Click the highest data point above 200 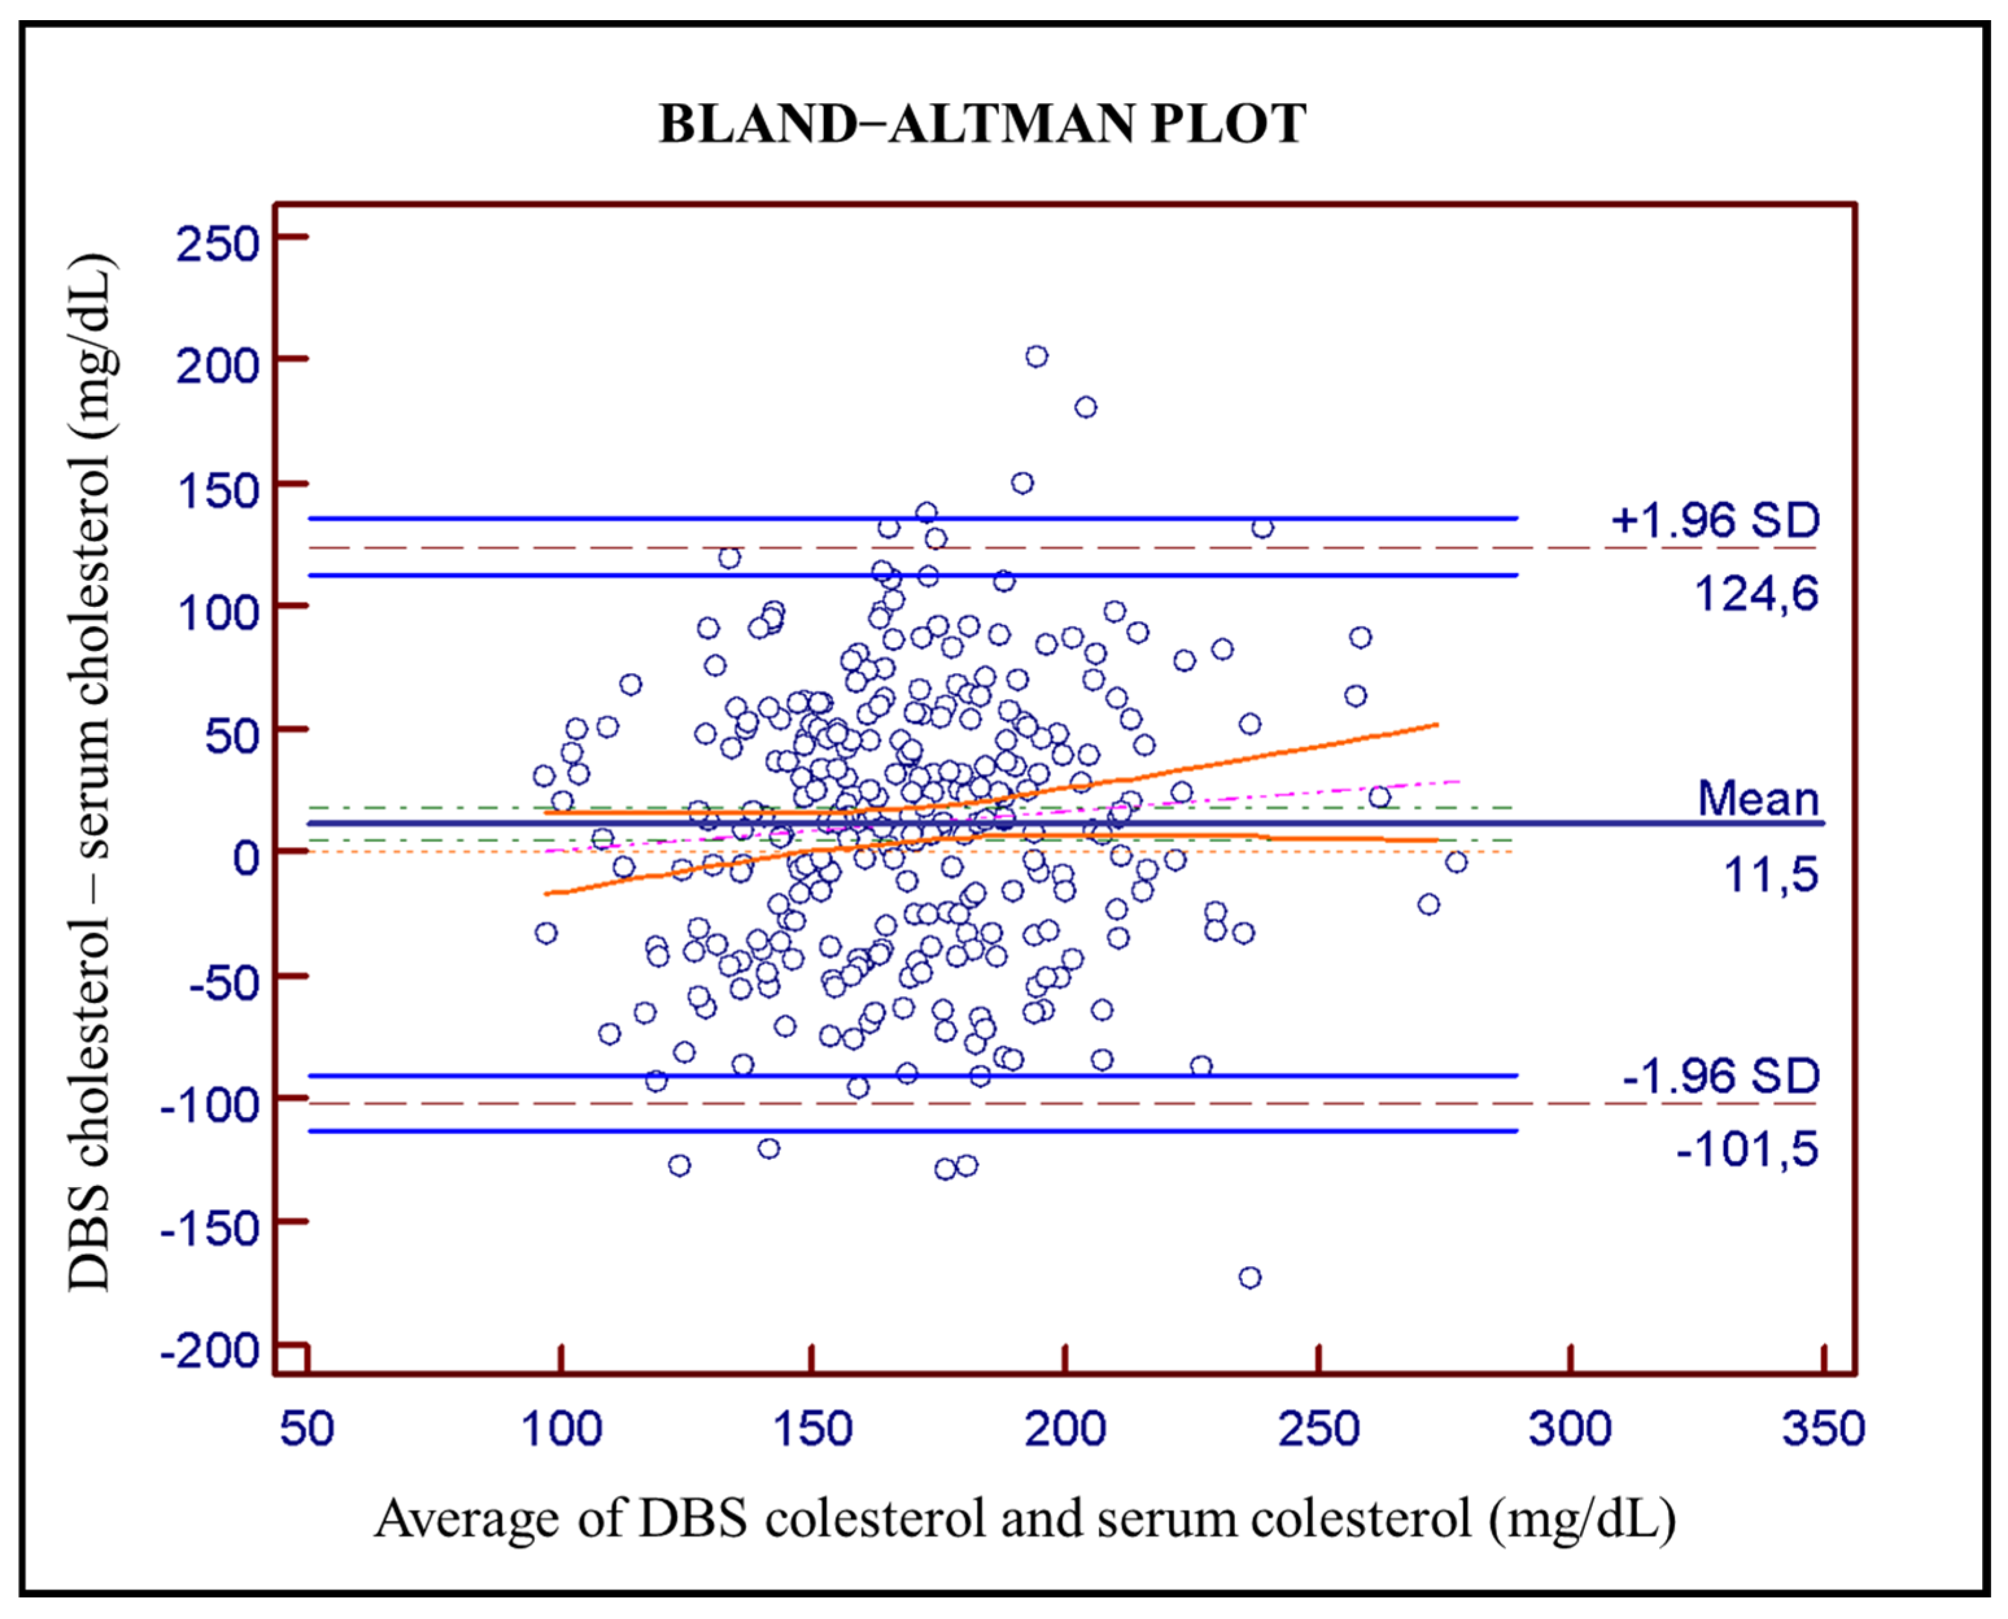click(1036, 356)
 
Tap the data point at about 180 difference click(1085, 408)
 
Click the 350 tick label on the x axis click(1823, 1430)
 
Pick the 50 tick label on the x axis click(307, 1430)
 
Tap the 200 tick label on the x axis click(1065, 1430)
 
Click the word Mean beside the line click(1758, 799)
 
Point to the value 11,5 click(1770, 875)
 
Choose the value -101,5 click(1747, 1149)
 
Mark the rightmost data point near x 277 click(1456, 862)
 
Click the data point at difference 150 click(1022, 483)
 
